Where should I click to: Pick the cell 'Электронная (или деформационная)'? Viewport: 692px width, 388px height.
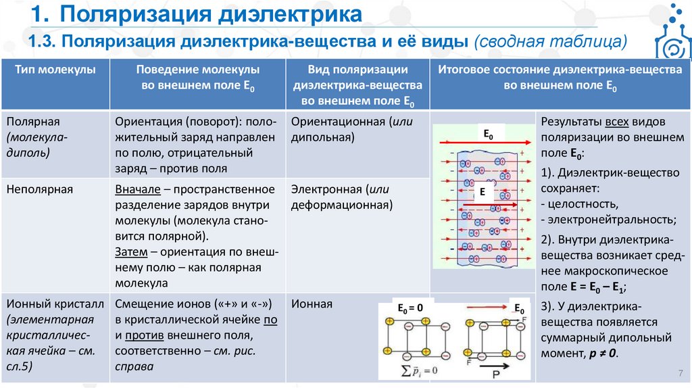pyautogui.click(x=341, y=197)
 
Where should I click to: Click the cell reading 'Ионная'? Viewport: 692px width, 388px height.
pyautogui.click(x=312, y=304)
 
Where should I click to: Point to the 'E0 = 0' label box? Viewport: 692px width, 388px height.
pyautogui.click(x=410, y=308)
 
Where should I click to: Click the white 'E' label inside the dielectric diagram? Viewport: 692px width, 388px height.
pyautogui.click(x=483, y=193)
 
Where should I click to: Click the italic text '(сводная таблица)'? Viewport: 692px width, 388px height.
pyautogui.click(x=551, y=42)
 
